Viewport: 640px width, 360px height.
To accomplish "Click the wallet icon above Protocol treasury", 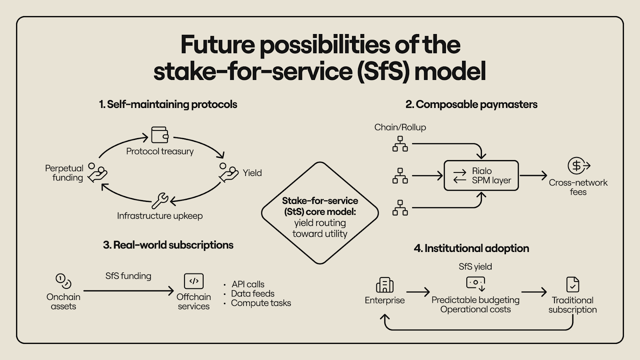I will pyautogui.click(x=160, y=135).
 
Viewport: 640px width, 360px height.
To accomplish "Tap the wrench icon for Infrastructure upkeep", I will pyautogui.click(x=160, y=200).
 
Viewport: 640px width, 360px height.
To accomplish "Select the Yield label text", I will pyautogui.click(x=252, y=173).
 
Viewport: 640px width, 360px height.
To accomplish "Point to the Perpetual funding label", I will pyautogui.click(x=64, y=173).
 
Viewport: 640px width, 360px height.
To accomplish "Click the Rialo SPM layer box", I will pyautogui.click(x=481, y=176).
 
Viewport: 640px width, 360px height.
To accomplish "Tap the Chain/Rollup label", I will pyautogui.click(x=400, y=127).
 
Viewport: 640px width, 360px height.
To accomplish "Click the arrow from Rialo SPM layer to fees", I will pyautogui.click(x=533, y=175).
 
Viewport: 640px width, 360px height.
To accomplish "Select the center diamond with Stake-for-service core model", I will pyautogui.click(x=320, y=213).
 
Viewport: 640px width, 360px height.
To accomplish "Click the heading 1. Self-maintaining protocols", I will pyautogui.click(x=168, y=104).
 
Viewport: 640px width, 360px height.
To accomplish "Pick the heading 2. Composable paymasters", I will pyautogui.click(x=471, y=104).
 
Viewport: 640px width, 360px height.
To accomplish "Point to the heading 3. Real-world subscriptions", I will pyautogui.click(x=168, y=245).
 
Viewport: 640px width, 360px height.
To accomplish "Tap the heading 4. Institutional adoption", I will pyautogui.click(x=471, y=248).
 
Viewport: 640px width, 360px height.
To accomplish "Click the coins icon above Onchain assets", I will pyautogui.click(x=63, y=281).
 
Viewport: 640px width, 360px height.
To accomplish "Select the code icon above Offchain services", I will pyautogui.click(x=194, y=281).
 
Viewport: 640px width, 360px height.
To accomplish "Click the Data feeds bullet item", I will pyautogui.click(x=253, y=294).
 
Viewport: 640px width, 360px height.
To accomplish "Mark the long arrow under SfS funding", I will pyautogui.click(x=128, y=291).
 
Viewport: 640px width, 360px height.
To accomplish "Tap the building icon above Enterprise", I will pyautogui.click(x=384, y=285).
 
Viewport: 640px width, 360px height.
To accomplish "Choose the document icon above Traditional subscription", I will pyautogui.click(x=573, y=284).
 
